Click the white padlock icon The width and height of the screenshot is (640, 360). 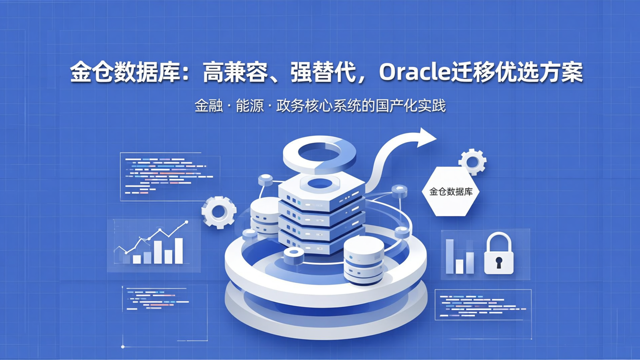pyautogui.click(x=498, y=255)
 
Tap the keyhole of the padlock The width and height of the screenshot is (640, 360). pyautogui.click(x=498, y=262)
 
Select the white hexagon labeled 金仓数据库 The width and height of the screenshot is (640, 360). pyautogui.click(x=451, y=192)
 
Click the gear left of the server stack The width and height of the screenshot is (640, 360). pyautogui.click(x=218, y=212)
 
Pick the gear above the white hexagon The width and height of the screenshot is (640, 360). pyautogui.click(x=472, y=162)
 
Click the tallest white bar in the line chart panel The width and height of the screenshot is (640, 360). pyautogui.click(x=179, y=251)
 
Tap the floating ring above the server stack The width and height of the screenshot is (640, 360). pyautogui.click(x=320, y=154)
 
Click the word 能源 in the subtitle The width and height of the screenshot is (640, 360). pyautogui.click(x=250, y=106)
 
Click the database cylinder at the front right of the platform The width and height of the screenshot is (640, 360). pyautogui.click(x=364, y=260)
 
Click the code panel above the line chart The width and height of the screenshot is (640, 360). pyautogui.click(x=169, y=176)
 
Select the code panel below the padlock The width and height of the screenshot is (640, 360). pyautogui.click(x=483, y=304)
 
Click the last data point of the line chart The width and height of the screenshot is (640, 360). pyautogui.click(x=186, y=222)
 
